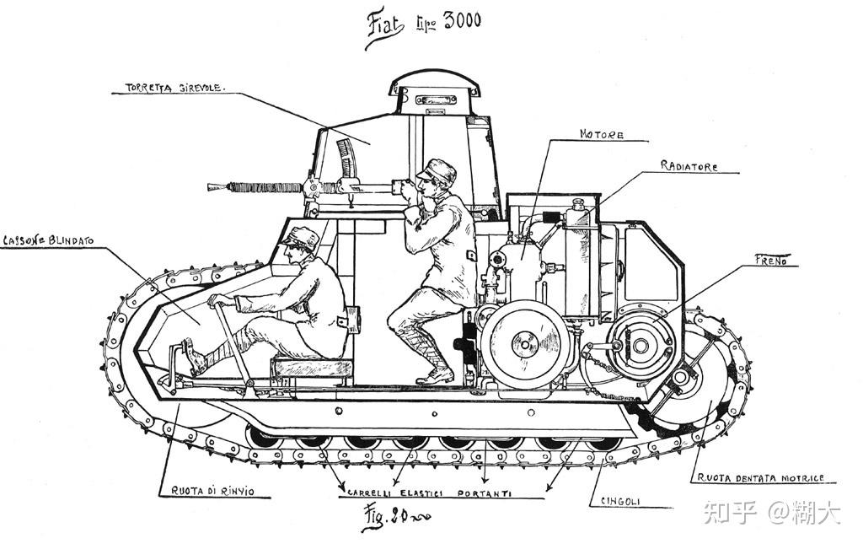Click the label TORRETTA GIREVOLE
click(174, 87)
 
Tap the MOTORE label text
click(601, 135)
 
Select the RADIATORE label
click(689, 167)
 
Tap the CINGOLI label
click(620, 501)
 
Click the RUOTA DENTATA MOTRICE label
click(758, 478)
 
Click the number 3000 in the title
click(457, 20)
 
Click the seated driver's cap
click(301, 235)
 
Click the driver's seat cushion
click(312, 368)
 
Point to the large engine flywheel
click(522, 343)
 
